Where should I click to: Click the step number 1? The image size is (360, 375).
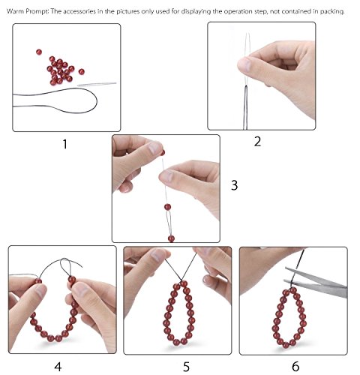pos(65,144)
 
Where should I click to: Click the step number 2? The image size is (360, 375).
pos(257,142)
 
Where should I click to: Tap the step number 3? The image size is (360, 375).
pos(234,185)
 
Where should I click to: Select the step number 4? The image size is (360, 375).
pos(58,367)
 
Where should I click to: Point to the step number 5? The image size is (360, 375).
pos(187,367)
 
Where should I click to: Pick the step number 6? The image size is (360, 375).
pos(295,367)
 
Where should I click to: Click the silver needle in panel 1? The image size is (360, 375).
pos(97,84)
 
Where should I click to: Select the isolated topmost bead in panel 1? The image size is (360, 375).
pos(39,52)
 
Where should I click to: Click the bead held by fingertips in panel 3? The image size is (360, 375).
pos(163,152)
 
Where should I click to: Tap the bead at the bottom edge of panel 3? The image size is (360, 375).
pos(171,238)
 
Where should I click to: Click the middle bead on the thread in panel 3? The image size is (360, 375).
pos(167,207)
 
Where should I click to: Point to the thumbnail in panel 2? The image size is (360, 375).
pos(245,64)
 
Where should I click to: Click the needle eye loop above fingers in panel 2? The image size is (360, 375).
pos(247,43)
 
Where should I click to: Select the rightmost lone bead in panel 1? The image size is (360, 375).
pos(81,72)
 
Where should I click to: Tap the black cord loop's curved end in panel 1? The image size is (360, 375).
pos(96,101)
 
